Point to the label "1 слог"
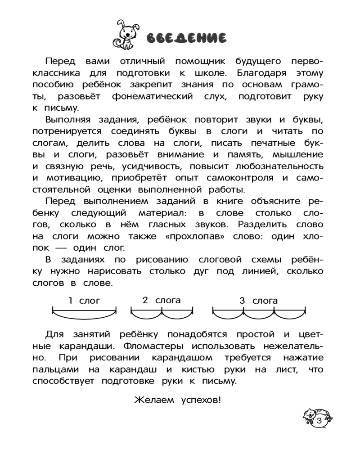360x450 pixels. coord(84,301)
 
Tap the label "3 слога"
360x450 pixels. coord(258,301)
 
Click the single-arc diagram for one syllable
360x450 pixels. coord(84,314)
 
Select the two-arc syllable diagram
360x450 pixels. coord(162,313)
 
